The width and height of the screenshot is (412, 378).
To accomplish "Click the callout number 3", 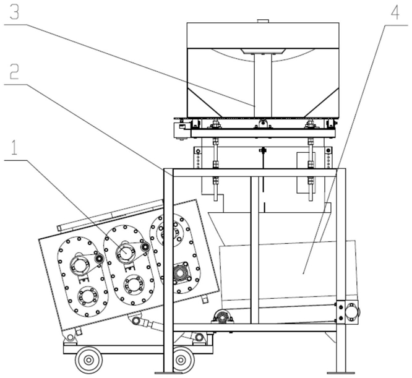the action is (15, 13).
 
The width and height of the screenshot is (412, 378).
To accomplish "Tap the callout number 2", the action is (14, 72).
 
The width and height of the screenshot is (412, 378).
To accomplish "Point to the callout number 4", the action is (395, 12).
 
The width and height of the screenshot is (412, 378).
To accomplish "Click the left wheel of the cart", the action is (89, 359).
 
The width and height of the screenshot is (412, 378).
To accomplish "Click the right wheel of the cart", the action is (181, 359).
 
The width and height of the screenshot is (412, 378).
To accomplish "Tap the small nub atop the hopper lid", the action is (262, 21).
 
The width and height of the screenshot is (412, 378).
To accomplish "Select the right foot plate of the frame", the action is (341, 373).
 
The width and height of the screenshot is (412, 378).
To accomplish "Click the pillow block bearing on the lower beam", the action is (223, 317).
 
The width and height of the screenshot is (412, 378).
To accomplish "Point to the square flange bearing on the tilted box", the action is (181, 273).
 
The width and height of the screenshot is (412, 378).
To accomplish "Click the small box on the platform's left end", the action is (181, 130).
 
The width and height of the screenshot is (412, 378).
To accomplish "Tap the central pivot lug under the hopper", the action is (262, 123).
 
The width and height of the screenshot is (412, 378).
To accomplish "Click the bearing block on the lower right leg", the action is (348, 312).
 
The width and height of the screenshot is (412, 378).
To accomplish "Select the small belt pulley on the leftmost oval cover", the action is (99, 259).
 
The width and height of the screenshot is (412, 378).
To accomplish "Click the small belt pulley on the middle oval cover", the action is (145, 246).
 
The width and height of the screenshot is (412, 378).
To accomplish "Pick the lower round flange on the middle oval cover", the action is (134, 285).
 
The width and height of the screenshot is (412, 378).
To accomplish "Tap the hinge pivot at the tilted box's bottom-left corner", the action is (70, 337).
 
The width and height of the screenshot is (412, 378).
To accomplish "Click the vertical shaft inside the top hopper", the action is (262, 85).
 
